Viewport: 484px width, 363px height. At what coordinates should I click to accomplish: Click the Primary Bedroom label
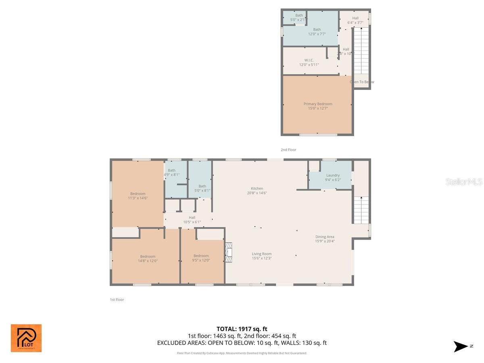pyautogui.click(x=318, y=106)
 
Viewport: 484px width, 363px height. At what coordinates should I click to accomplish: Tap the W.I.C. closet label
pyautogui.click(x=309, y=63)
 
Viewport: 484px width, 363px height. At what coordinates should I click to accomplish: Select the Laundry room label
pyautogui.click(x=333, y=177)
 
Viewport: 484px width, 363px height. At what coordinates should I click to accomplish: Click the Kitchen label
pyautogui.click(x=257, y=190)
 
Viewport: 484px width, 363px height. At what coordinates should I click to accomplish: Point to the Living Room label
pyautogui.click(x=262, y=256)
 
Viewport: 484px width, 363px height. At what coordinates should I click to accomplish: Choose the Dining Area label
pyautogui.click(x=325, y=239)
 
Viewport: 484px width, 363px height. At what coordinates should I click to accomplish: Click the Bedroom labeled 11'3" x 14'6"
pyautogui.click(x=138, y=196)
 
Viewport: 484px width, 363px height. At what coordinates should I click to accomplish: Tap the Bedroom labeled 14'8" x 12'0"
pyautogui.click(x=148, y=259)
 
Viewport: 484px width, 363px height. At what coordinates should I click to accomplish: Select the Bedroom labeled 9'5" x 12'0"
pyautogui.click(x=201, y=258)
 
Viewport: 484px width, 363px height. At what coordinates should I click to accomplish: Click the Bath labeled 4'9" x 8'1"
pyautogui.click(x=172, y=173)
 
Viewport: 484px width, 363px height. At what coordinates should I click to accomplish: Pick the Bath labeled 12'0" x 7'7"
pyautogui.click(x=317, y=31)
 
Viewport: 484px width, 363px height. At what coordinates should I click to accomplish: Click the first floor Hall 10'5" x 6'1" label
pyautogui.click(x=192, y=219)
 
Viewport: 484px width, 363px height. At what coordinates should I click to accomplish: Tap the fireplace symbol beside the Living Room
pyautogui.click(x=229, y=252)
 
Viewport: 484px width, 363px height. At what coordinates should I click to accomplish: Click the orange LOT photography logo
pyautogui.click(x=26, y=338)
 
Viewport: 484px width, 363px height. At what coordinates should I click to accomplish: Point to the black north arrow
pyautogui.click(x=461, y=346)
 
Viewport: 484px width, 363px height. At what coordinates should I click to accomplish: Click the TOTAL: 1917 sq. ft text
pyautogui.click(x=242, y=328)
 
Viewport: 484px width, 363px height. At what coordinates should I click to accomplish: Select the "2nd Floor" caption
pyautogui.click(x=288, y=150)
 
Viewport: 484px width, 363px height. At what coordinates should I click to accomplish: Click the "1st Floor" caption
pyautogui.click(x=117, y=300)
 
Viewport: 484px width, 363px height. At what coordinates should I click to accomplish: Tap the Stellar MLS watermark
pyautogui.click(x=464, y=182)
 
